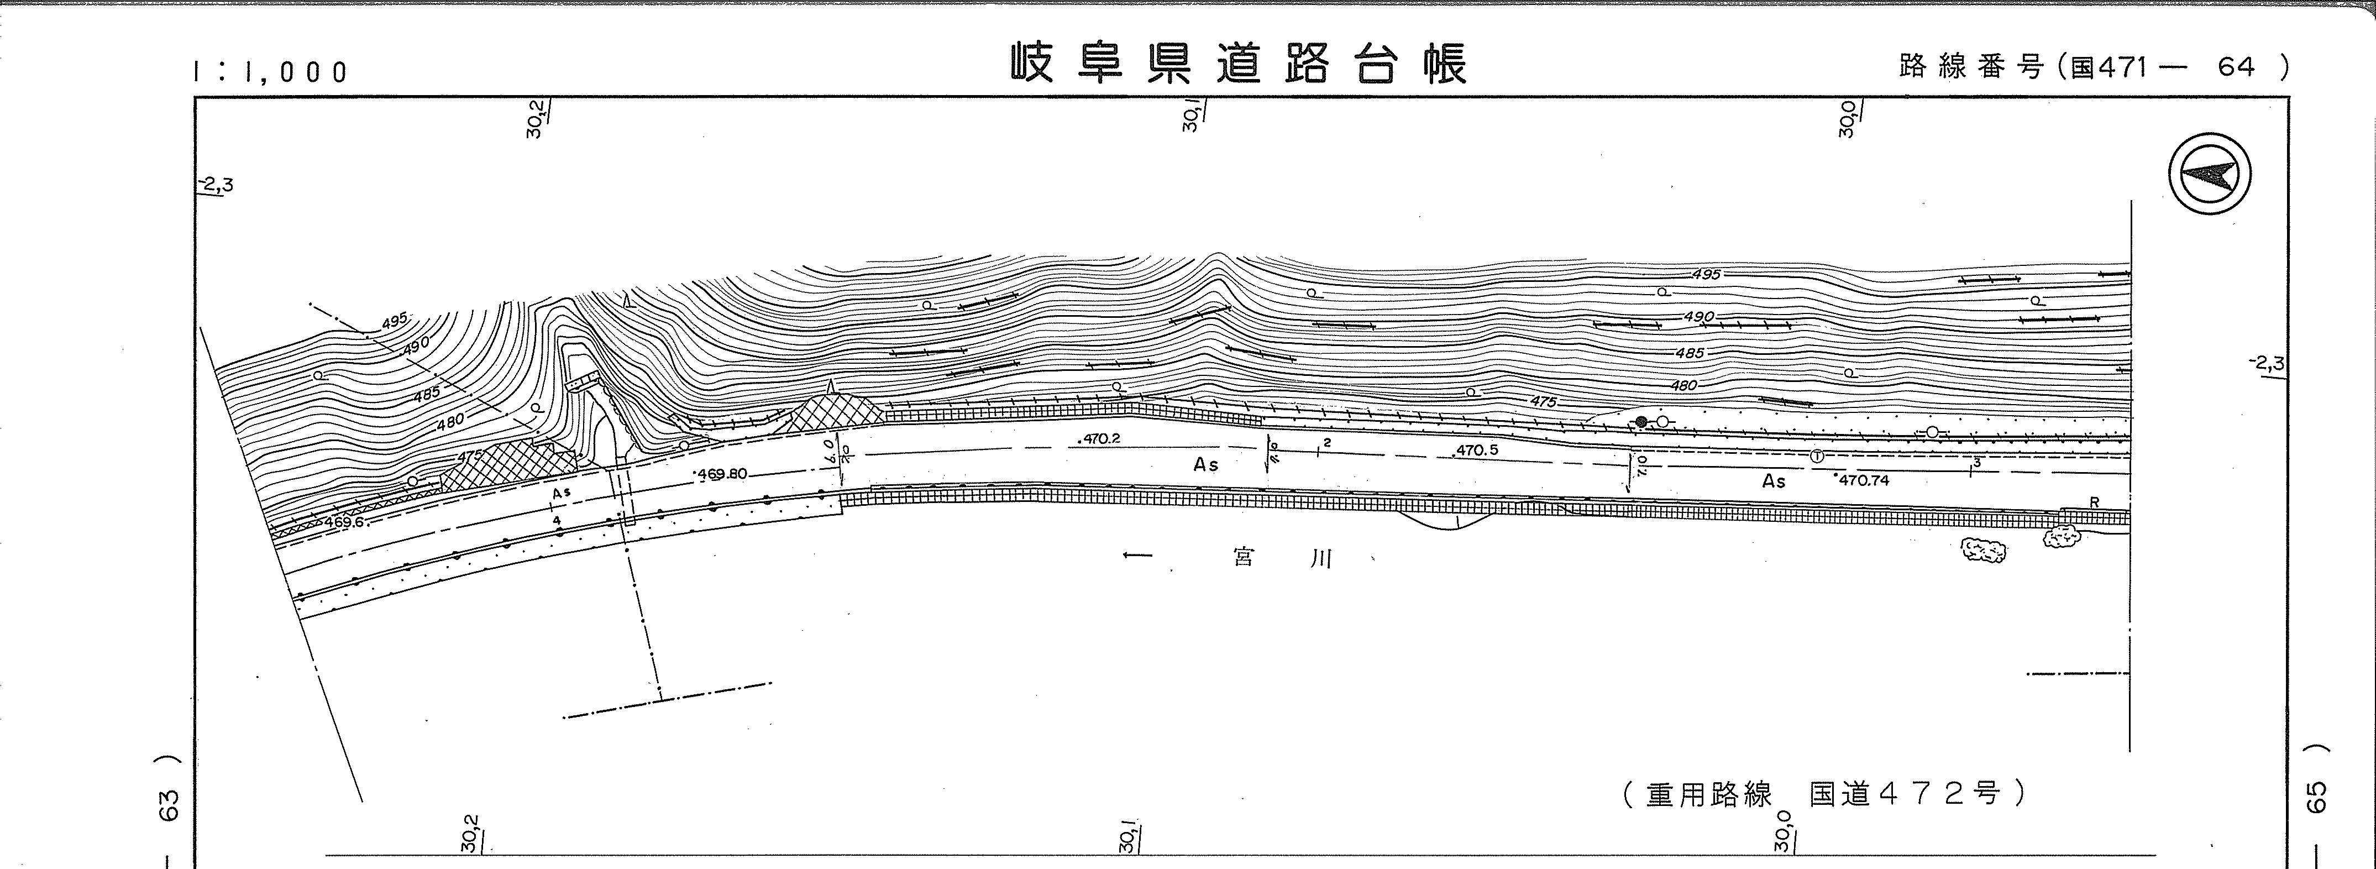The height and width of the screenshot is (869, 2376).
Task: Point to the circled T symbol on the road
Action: [1816, 456]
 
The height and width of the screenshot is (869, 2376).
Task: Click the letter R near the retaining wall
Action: [2094, 502]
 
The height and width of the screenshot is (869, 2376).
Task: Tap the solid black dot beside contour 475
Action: [1641, 422]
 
